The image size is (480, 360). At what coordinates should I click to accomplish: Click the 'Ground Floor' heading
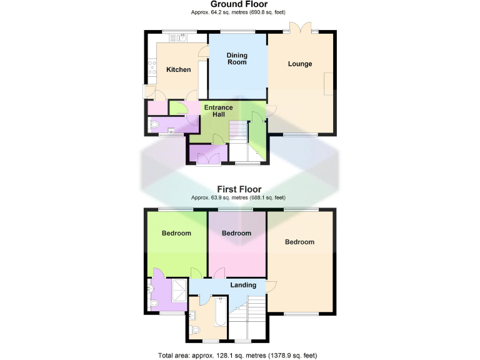(x=239, y=4)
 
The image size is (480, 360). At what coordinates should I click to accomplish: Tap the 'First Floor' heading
(x=239, y=189)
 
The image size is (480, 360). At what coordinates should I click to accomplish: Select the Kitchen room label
(x=178, y=69)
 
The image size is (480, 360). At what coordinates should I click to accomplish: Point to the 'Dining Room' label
(x=237, y=59)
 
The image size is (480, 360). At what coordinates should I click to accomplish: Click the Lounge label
(x=300, y=64)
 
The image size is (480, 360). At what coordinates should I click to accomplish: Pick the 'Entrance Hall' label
(x=218, y=111)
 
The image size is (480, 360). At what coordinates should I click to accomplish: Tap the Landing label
(x=243, y=285)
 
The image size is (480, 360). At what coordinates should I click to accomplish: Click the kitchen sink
(x=178, y=38)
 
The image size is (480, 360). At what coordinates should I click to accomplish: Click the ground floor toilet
(x=155, y=125)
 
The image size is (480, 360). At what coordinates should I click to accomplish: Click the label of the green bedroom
(x=176, y=233)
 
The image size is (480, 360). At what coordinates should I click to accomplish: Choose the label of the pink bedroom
(x=236, y=233)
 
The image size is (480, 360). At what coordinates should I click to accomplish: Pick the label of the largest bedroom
(x=299, y=242)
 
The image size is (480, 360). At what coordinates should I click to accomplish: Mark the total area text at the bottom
(x=238, y=355)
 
